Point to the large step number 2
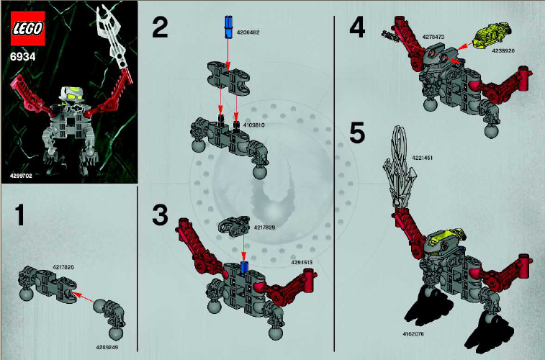pyautogui.click(x=159, y=29)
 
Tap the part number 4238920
pyautogui.click(x=503, y=51)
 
